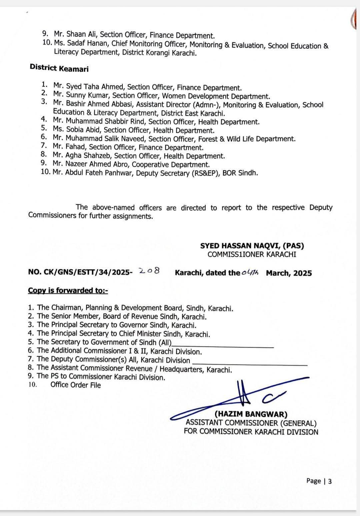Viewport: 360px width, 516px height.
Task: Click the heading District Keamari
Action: (59, 68)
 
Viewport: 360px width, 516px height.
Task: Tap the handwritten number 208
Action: (149, 271)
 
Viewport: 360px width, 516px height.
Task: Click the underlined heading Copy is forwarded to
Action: (68, 290)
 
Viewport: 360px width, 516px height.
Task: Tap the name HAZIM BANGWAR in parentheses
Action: (251, 414)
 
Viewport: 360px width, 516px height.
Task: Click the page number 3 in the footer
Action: (330, 481)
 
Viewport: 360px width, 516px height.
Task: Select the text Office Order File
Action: (75, 385)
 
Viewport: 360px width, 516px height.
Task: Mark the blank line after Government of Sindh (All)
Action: (223, 346)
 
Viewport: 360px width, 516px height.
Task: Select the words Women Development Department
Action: (216, 96)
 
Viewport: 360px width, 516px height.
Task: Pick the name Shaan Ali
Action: (81, 34)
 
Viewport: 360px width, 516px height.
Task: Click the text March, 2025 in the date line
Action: (289, 273)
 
